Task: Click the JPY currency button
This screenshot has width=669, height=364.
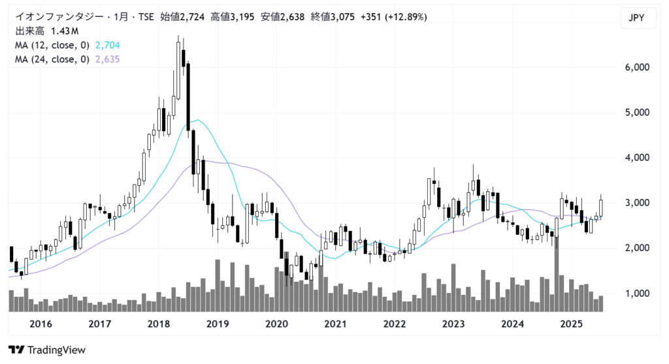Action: pos(636,18)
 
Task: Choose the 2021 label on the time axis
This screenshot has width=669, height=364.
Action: pos(335,324)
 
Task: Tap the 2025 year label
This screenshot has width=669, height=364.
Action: pos(572,324)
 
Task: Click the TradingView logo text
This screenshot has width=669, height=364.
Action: pos(56,350)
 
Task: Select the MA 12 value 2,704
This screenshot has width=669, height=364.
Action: pos(108,45)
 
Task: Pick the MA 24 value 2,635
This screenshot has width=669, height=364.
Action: pos(108,59)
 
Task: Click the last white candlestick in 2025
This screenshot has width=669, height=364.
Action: pos(601,207)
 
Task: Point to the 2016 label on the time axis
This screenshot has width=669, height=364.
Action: pos(41,324)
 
